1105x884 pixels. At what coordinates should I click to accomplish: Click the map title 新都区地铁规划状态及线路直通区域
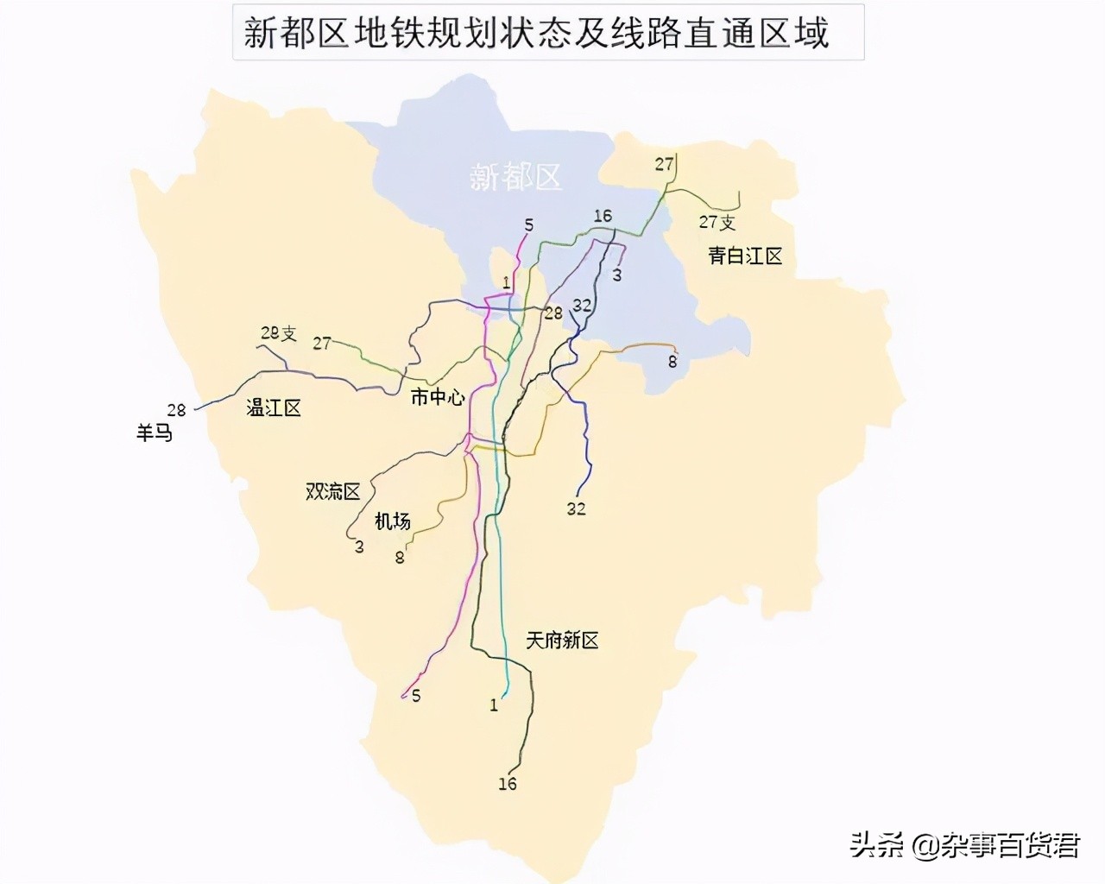[537, 33]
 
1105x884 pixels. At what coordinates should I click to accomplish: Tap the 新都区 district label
[516, 176]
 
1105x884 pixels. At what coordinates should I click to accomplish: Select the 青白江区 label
[745, 256]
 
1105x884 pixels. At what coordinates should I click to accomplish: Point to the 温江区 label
[274, 407]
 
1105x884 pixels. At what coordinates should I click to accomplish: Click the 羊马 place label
[155, 432]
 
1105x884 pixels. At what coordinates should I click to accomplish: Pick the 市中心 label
[437, 397]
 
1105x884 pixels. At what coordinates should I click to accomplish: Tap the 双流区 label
[333, 491]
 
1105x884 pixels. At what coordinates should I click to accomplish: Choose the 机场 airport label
[392, 521]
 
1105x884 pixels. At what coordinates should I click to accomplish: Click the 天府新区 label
[562, 640]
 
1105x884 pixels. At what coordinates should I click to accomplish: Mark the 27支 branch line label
[717, 222]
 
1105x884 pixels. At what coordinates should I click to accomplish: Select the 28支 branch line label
[278, 333]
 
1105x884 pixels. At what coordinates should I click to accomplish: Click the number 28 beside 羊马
[177, 410]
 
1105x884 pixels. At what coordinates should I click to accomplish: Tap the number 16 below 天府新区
[508, 784]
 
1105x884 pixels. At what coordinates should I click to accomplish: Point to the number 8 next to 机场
[400, 558]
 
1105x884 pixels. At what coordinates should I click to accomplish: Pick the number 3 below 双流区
[359, 546]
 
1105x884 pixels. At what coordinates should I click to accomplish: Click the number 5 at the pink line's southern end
[416, 696]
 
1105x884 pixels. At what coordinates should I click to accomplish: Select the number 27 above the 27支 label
[664, 164]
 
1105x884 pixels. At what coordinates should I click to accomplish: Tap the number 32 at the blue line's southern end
[577, 508]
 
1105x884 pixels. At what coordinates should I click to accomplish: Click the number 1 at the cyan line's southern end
[494, 705]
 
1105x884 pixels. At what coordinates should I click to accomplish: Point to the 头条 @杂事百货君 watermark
[964, 844]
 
